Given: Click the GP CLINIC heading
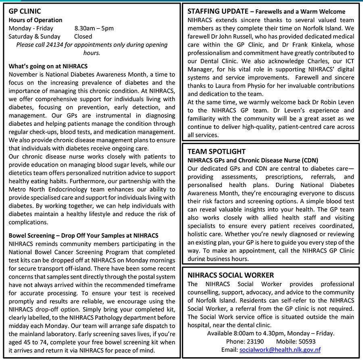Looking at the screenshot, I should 25,11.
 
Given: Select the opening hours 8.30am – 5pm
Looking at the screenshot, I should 94,28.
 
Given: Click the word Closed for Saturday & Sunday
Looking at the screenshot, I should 83,36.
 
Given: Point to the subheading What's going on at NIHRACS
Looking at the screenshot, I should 48,66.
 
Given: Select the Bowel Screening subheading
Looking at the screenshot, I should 83,235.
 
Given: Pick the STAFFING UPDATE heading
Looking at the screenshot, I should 216,11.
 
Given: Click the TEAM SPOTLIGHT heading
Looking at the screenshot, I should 216,151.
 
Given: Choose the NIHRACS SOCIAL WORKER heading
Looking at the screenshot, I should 231,275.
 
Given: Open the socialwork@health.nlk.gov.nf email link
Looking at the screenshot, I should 280,350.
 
